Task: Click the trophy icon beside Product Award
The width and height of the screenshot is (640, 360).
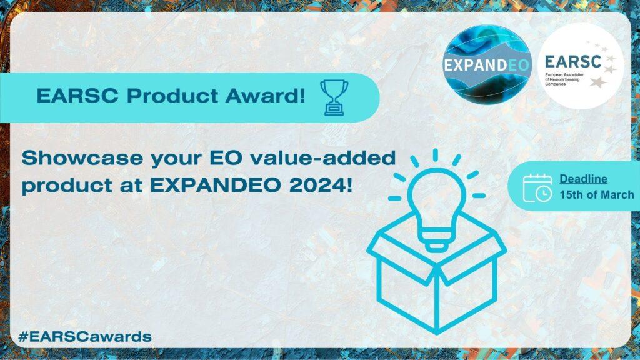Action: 334,97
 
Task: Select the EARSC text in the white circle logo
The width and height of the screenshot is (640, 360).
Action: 573,62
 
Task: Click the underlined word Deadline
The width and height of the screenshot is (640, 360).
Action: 583,179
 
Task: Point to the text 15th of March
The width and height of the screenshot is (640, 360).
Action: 597,195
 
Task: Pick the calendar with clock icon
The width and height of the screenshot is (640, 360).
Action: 537,187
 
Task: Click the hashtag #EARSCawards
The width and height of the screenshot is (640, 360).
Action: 85,337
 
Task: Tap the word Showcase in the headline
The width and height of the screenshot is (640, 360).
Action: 82,157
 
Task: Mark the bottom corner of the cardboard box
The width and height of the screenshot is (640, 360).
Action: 437,331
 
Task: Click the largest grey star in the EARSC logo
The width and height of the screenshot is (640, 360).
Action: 597,82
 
